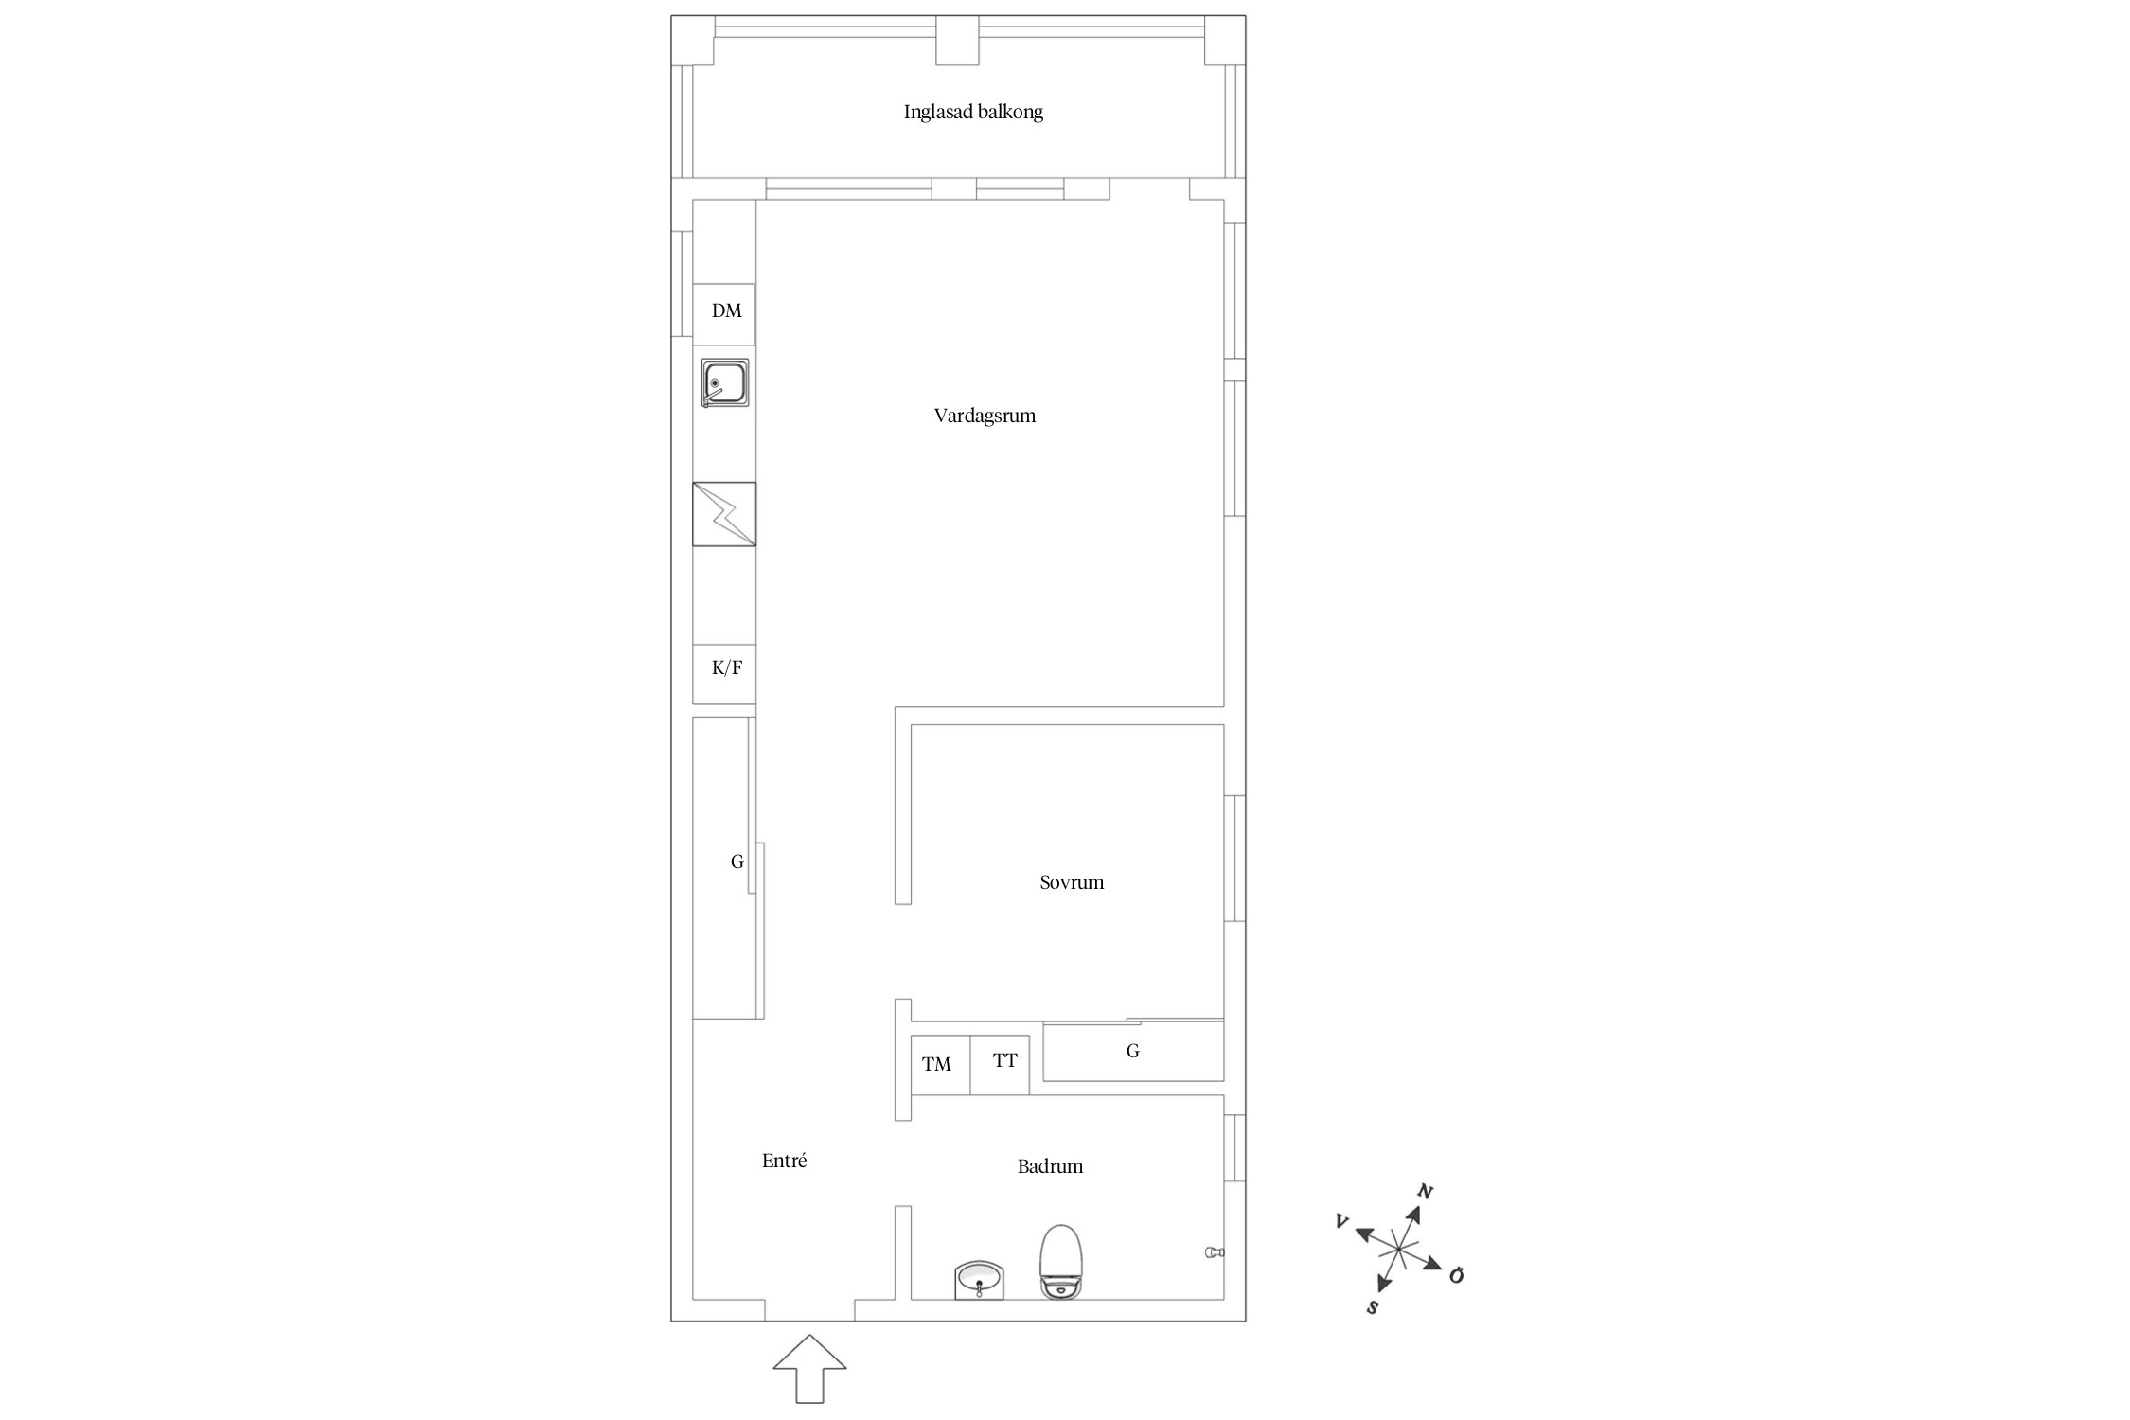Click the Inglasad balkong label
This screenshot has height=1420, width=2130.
pyautogui.click(x=973, y=113)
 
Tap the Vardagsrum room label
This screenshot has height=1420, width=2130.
pyautogui.click(x=985, y=416)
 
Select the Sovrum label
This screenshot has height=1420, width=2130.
pyautogui.click(x=1072, y=882)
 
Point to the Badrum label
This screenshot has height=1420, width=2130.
pyautogui.click(x=1050, y=1166)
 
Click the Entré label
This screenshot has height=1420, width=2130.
pyautogui.click(x=784, y=1161)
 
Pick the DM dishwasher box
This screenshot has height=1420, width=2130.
pyautogui.click(x=724, y=314)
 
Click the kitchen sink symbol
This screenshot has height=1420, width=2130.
pyautogui.click(x=725, y=383)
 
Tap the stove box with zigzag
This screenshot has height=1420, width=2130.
pyautogui.click(x=724, y=514)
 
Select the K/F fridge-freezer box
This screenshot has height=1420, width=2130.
pyautogui.click(x=724, y=674)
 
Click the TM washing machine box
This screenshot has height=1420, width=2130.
pyautogui.click(x=941, y=1065)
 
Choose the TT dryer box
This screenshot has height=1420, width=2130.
pyautogui.click(x=1000, y=1065)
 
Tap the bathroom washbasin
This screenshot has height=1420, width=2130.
pyautogui.click(x=979, y=1280)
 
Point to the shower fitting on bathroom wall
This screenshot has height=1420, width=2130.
pyautogui.click(x=1215, y=1252)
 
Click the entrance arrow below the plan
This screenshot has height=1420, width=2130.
pyautogui.click(x=809, y=1368)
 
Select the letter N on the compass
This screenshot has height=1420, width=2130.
pyautogui.click(x=1425, y=1192)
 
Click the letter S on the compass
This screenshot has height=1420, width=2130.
pyautogui.click(x=1372, y=1307)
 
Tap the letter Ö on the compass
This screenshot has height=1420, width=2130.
pyautogui.click(x=1456, y=1275)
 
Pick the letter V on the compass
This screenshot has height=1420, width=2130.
pyautogui.click(x=1341, y=1221)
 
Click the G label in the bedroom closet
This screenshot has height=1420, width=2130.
pyautogui.click(x=1132, y=1051)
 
